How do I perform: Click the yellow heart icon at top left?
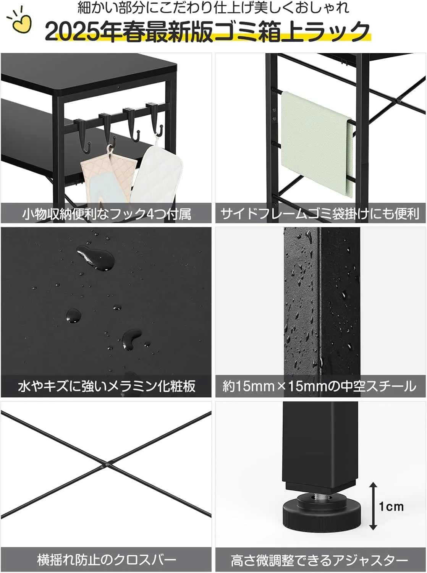pyautogui.click(x=20, y=24)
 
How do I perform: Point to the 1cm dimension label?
pyautogui.click(x=391, y=507)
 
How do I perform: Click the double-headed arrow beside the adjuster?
pyautogui.click(x=373, y=506)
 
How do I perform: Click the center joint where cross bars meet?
pyautogui.click(x=106, y=465)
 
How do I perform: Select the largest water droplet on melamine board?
pyautogui.click(x=95, y=258)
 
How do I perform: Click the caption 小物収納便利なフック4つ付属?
pyautogui.click(x=106, y=214)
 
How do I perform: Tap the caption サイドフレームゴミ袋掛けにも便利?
pyautogui.click(x=320, y=214)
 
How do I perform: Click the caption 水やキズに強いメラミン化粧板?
pyautogui.click(x=106, y=386)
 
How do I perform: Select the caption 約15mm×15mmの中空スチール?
pyautogui.click(x=320, y=386)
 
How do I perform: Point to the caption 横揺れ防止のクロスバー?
pyautogui.click(x=106, y=560)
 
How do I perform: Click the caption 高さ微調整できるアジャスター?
pyautogui.click(x=320, y=560)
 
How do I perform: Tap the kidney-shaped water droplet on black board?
pyautogui.click(x=131, y=338)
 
